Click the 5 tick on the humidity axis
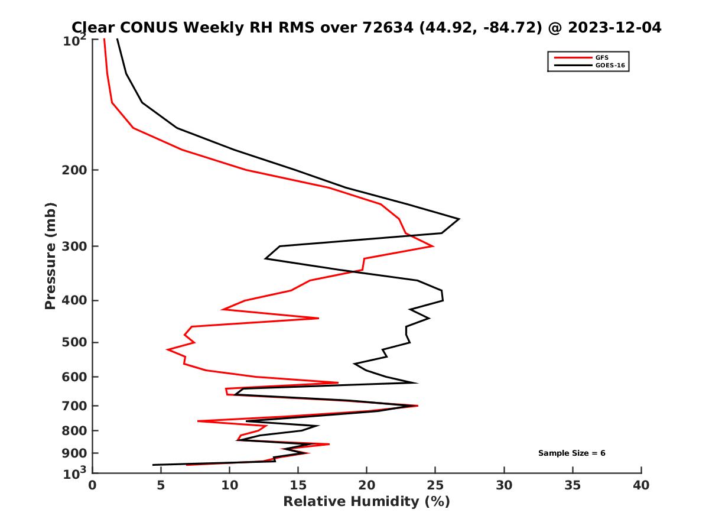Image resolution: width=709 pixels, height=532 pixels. (x=161, y=485)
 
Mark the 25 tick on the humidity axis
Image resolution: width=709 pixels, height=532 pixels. (x=435, y=485)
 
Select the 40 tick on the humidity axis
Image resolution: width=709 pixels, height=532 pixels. (x=641, y=485)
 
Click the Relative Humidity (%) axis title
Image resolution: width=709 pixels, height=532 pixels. (x=366, y=502)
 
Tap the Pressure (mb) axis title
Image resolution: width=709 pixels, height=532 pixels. (x=50, y=256)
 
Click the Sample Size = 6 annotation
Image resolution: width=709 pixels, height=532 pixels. (x=571, y=453)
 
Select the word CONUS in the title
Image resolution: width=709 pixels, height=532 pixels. (x=149, y=27)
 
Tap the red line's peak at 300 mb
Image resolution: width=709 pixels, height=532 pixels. (x=434, y=246)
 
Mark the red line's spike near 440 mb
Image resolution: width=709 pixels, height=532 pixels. (x=318, y=318)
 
